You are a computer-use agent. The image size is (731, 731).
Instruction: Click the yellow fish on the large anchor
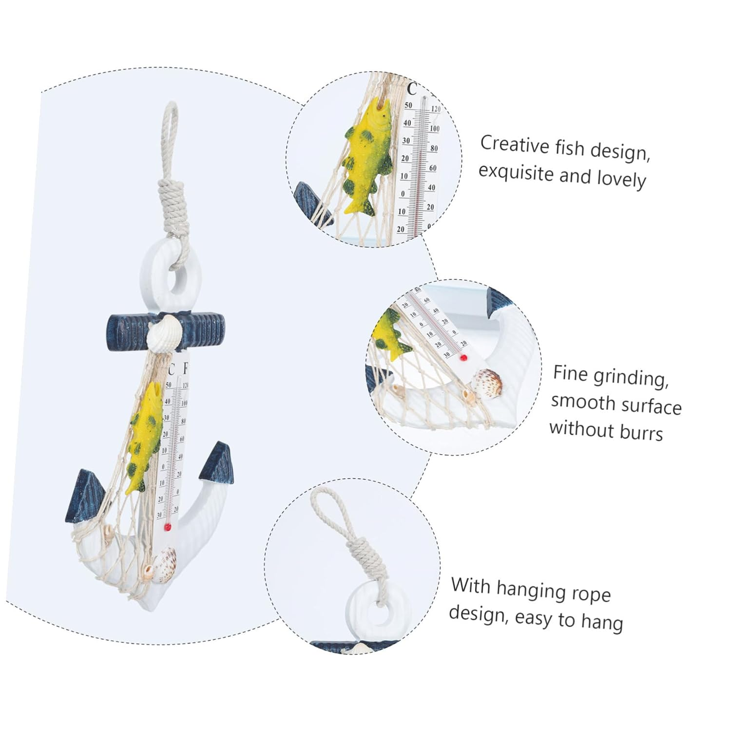(144, 437)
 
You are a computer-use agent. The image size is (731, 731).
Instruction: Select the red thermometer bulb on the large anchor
(168, 527)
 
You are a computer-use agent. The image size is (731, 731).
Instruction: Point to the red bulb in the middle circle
(463, 357)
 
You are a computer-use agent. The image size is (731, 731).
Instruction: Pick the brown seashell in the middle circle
(488, 380)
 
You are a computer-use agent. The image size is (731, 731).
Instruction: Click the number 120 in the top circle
(435, 109)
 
